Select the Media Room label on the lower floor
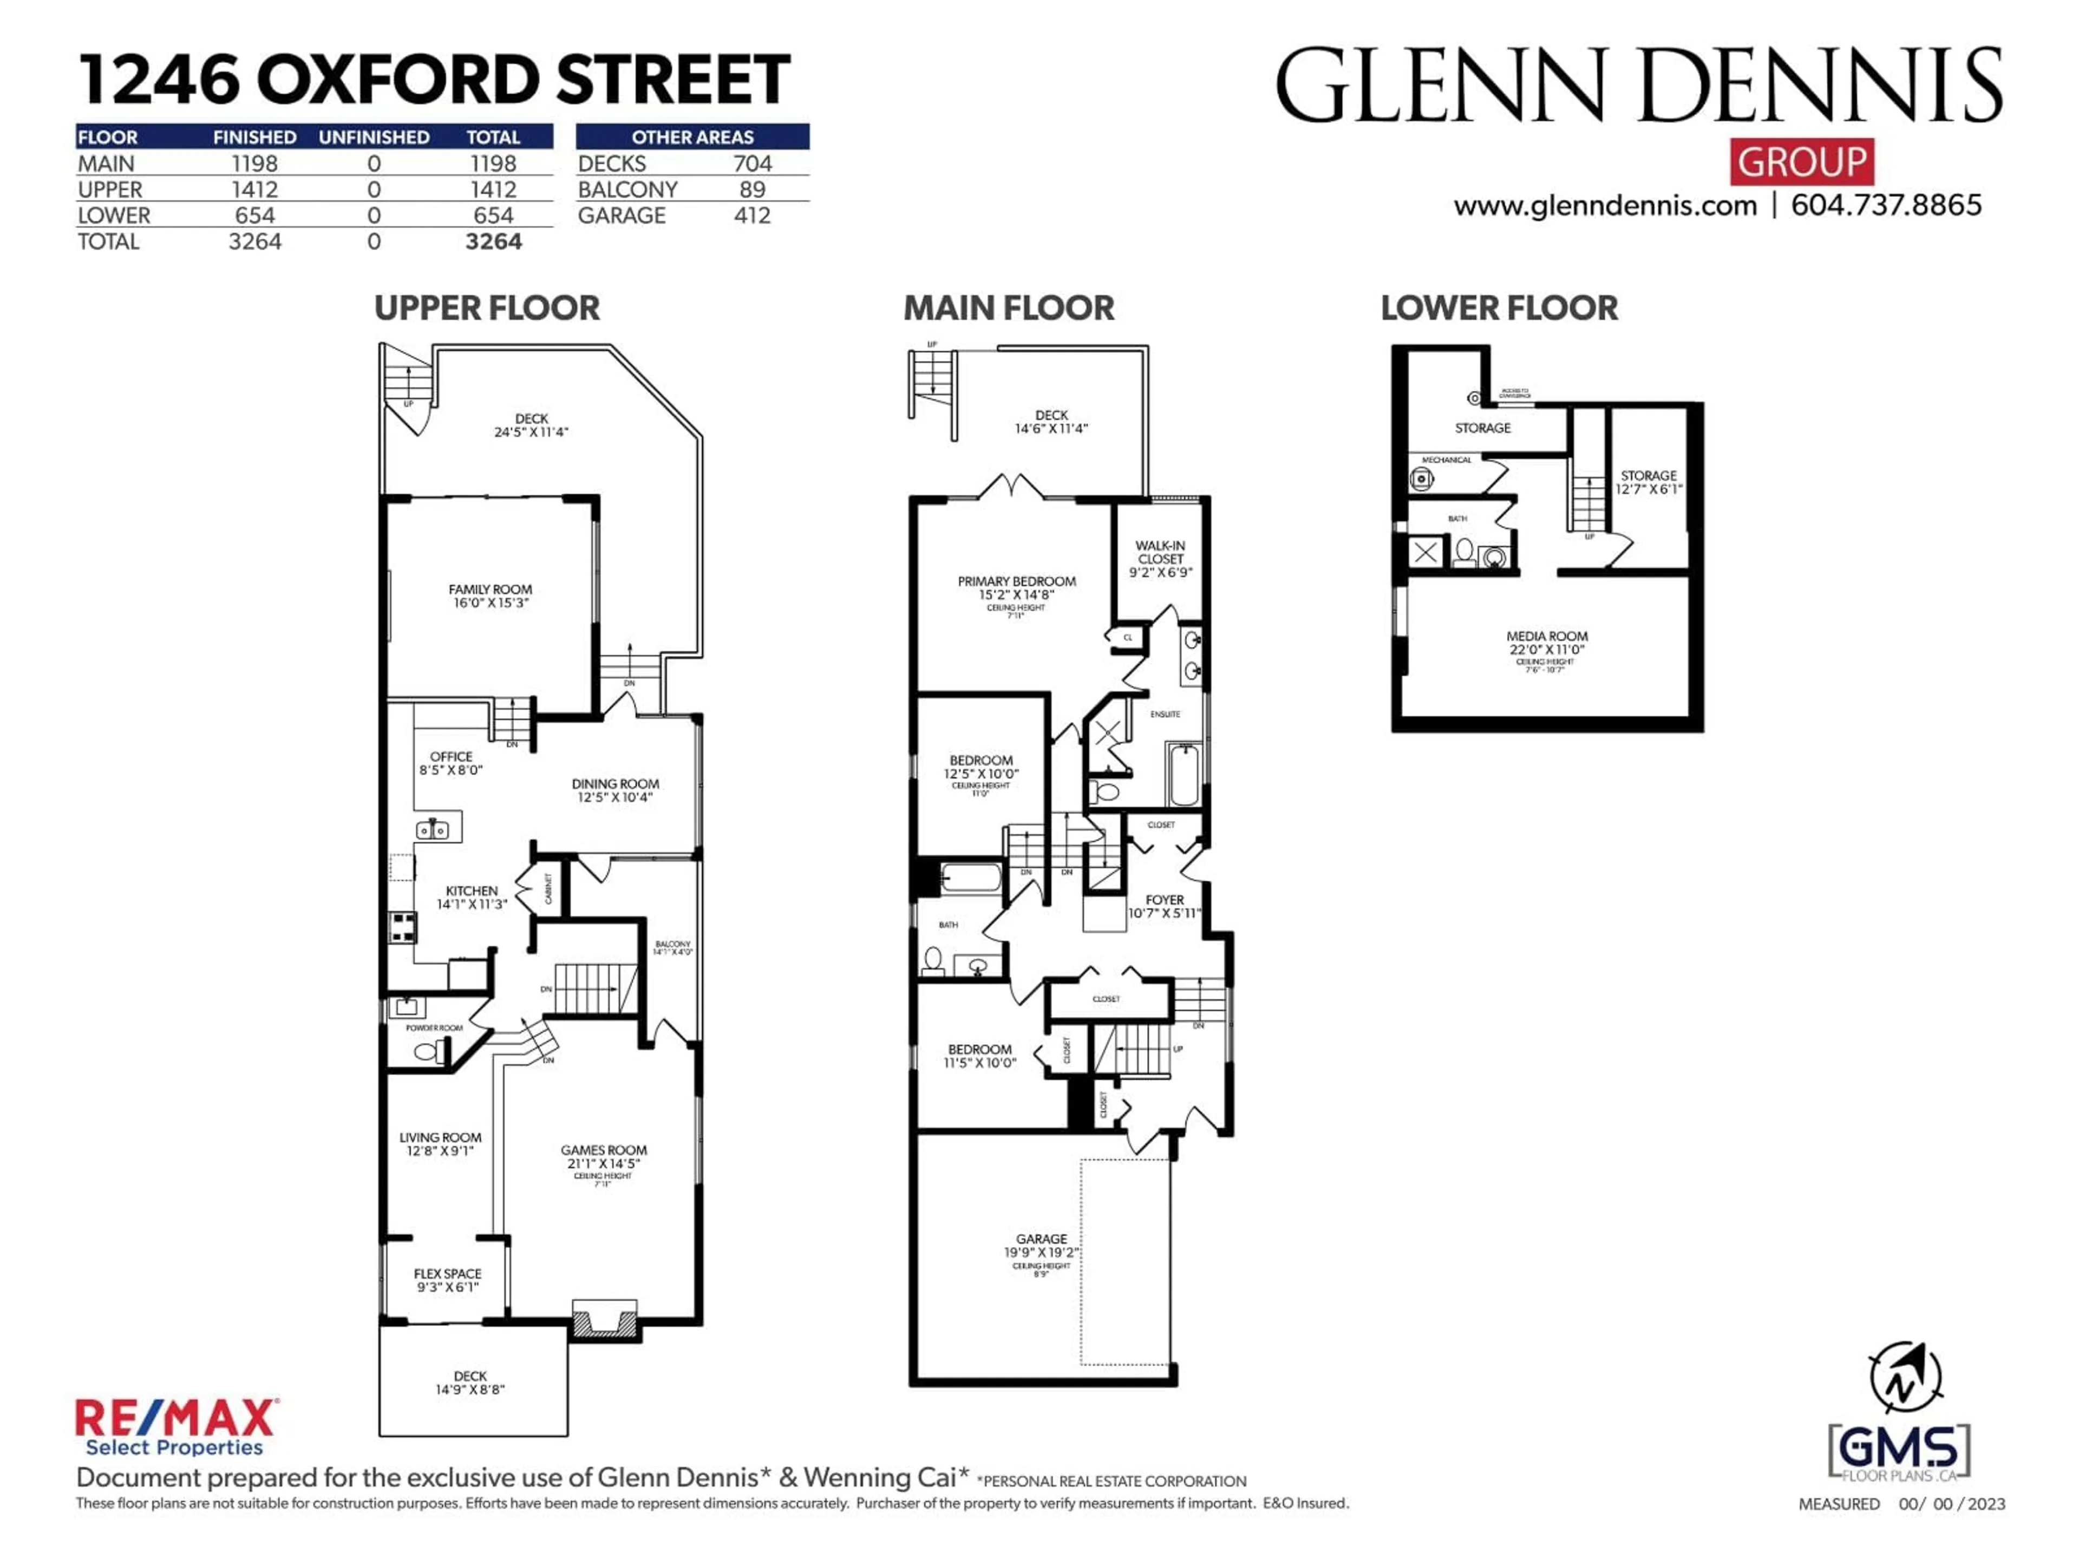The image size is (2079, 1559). point(1546,643)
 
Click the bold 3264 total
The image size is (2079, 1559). point(493,241)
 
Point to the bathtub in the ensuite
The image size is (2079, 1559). point(1184,774)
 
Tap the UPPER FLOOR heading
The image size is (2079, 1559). point(486,308)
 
